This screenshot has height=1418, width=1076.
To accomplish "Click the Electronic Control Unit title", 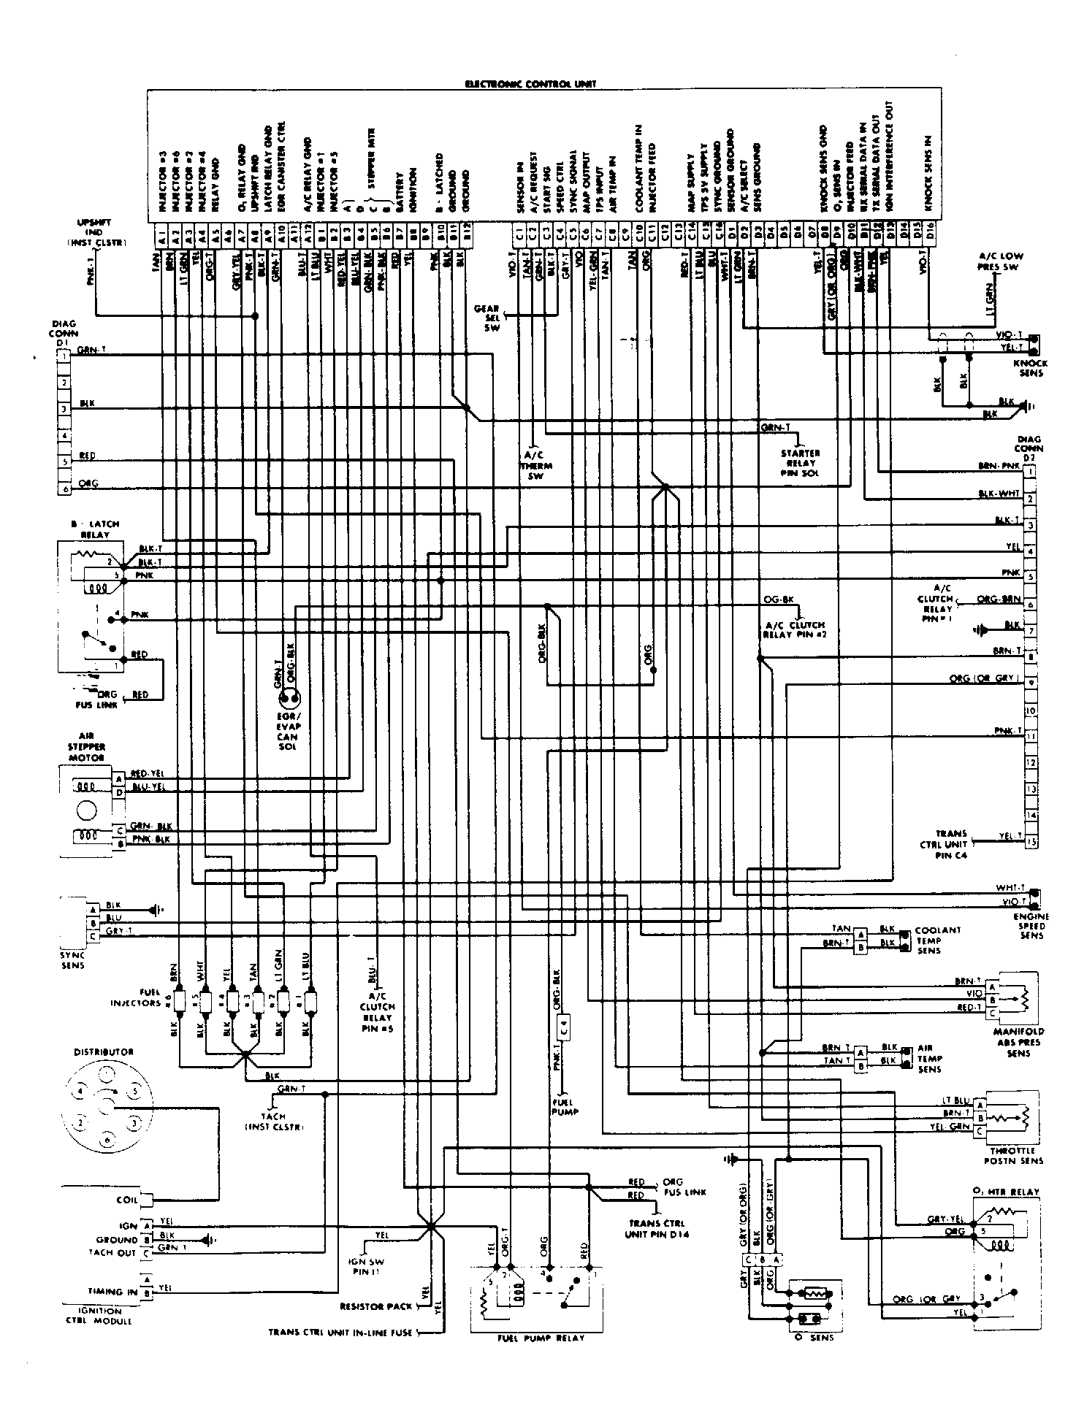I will (x=530, y=84).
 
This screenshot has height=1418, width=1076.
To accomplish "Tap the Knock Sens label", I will (x=1031, y=368).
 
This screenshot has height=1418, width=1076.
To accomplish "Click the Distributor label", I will (x=104, y=1052).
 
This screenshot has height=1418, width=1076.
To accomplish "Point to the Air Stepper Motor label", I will (x=86, y=747).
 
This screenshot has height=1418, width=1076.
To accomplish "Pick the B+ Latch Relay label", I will (x=95, y=529).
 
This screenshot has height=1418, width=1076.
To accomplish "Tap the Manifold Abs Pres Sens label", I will (x=1018, y=1042).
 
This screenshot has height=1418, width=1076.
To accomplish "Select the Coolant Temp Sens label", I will (x=939, y=940).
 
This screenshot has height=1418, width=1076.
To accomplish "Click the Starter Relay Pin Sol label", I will (x=801, y=463).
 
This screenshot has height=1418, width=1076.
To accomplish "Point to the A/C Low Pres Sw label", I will (x=1001, y=261).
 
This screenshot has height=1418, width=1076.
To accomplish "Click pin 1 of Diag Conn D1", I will (x=65, y=356).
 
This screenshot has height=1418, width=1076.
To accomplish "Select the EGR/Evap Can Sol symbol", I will (x=287, y=700).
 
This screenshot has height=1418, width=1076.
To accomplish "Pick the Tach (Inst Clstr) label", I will (x=273, y=1122).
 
